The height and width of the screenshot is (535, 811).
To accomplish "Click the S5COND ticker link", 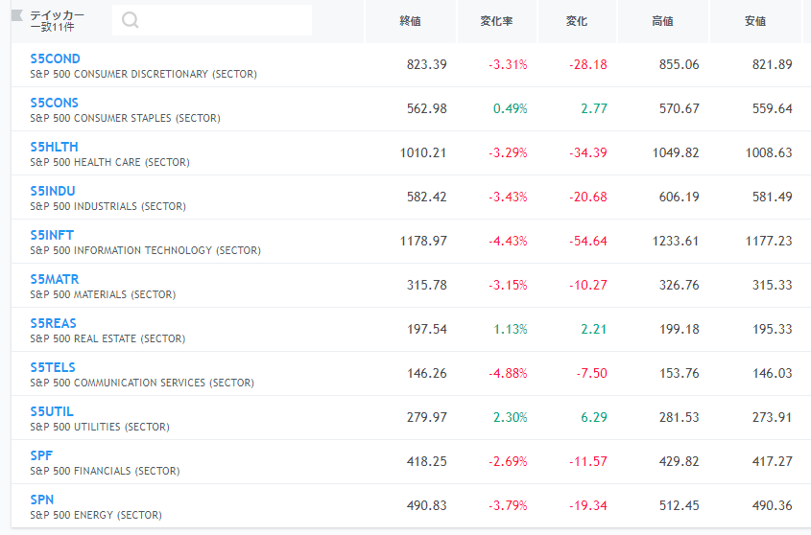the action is (55, 58).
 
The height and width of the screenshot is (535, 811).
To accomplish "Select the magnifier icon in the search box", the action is (130, 20).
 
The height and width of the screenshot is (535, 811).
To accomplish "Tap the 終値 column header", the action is (410, 21).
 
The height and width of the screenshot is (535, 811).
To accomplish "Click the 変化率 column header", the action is (496, 21).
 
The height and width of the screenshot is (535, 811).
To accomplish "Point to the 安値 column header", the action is (755, 21).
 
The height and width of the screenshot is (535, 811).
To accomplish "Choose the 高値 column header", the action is (662, 21).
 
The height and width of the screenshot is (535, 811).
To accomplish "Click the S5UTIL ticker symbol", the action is (52, 411).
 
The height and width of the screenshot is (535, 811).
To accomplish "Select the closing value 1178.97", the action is (423, 241).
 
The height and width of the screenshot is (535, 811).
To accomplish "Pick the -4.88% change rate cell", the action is (508, 373).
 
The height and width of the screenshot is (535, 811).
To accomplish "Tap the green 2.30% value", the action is (510, 417).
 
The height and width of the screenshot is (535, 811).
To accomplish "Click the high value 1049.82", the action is (676, 152).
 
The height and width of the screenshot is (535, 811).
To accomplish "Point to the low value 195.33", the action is (773, 329).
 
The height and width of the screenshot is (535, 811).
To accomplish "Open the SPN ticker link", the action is (42, 500).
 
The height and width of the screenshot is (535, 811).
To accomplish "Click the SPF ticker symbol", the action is (41, 455).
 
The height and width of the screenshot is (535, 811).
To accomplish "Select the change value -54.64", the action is (588, 241).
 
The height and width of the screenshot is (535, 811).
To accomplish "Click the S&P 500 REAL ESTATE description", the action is (107, 338).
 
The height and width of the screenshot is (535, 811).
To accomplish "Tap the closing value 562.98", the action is (427, 108).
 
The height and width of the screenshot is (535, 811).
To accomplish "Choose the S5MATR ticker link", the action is (55, 279).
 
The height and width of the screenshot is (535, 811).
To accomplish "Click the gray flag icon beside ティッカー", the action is (17, 15).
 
